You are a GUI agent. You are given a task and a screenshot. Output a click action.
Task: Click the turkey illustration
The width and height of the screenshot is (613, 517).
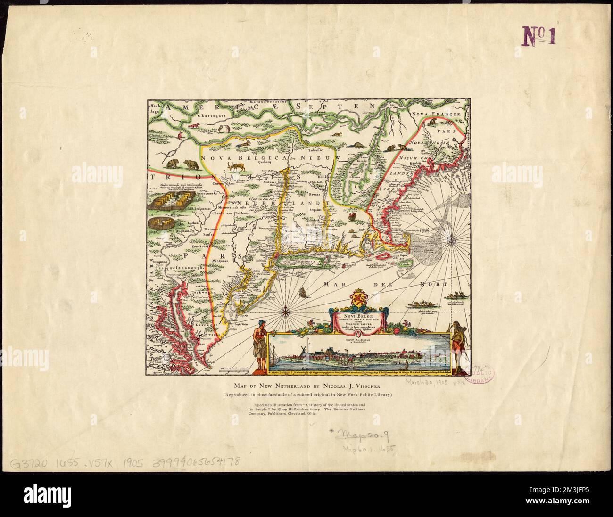pyautogui.click(x=355, y=217)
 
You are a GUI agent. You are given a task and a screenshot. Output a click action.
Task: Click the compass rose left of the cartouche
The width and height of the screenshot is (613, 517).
pyautogui.click(x=286, y=311)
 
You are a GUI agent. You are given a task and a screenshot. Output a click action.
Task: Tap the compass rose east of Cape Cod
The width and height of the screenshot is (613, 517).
pyautogui.click(x=452, y=241)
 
